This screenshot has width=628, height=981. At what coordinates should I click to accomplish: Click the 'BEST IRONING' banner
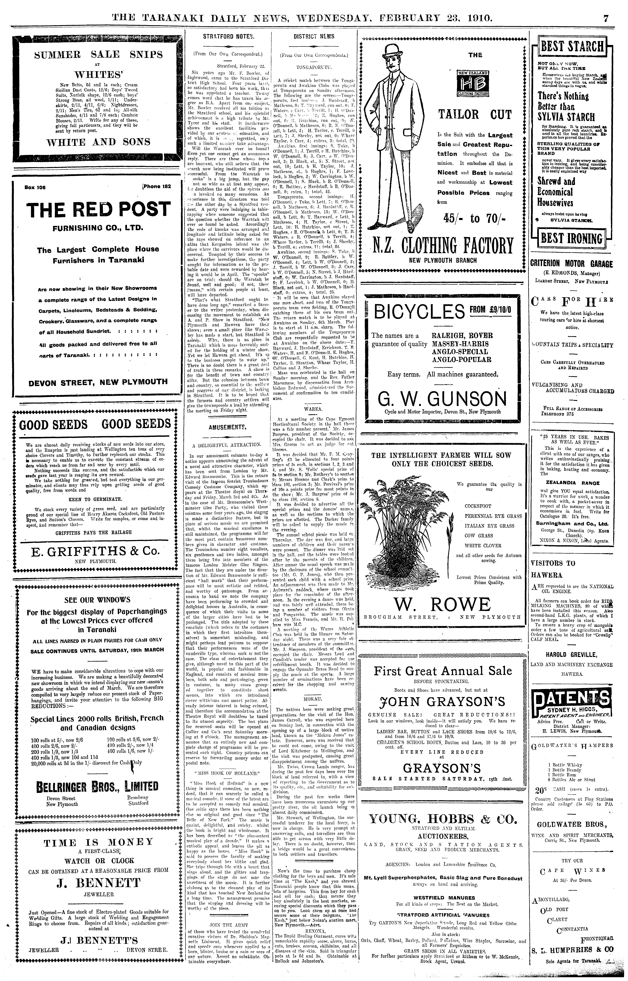pos(571,239)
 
